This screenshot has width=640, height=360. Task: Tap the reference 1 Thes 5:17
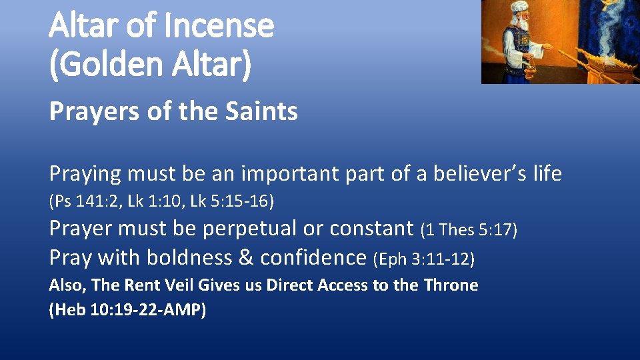[x=469, y=230]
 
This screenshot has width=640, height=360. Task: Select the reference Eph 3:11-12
[x=424, y=258]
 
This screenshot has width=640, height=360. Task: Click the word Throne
[x=451, y=285]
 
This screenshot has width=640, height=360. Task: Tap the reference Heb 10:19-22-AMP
[x=127, y=311]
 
